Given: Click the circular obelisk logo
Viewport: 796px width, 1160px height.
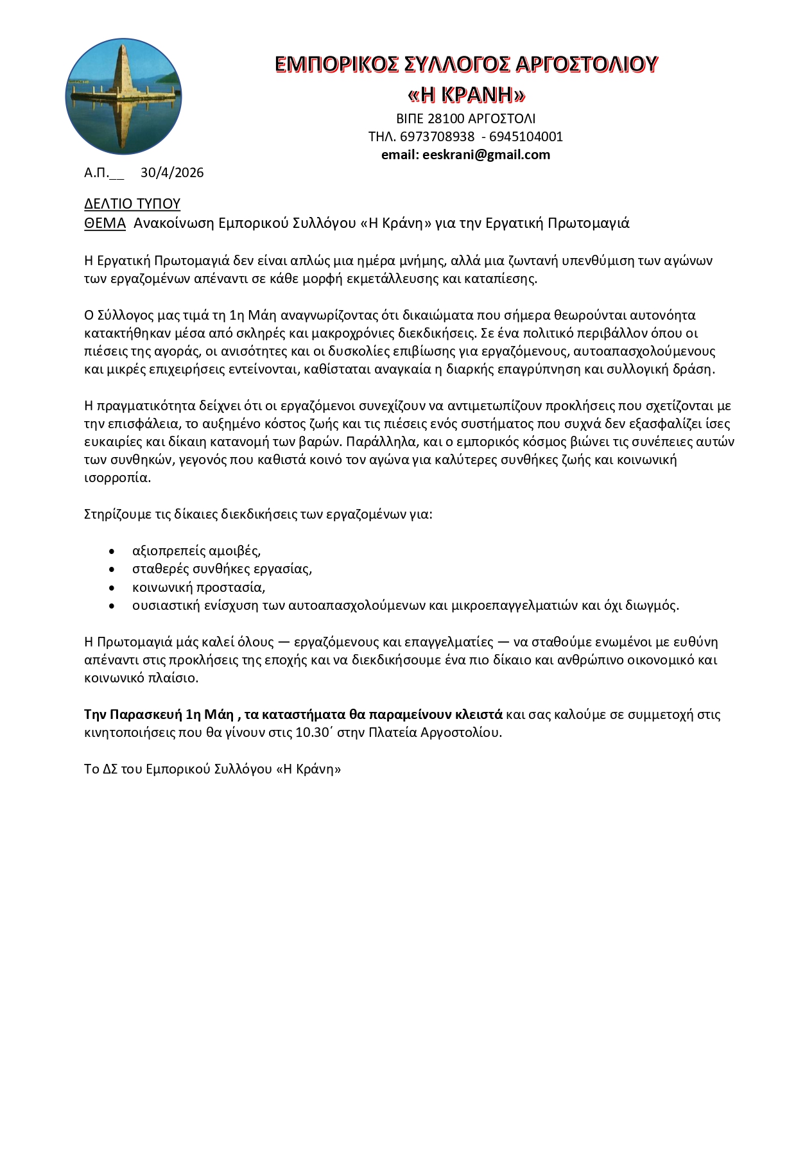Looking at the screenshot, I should coord(123,96).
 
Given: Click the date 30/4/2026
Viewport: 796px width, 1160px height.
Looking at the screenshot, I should coord(172,173).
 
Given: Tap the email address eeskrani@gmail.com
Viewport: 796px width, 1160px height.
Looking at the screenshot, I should coord(486,155).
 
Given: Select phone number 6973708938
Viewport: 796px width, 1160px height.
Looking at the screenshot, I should coord(437,137).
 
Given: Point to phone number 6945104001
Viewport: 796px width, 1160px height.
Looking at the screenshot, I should coord(526,137).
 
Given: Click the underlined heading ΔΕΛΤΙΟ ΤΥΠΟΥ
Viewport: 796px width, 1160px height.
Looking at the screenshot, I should coord(132,204).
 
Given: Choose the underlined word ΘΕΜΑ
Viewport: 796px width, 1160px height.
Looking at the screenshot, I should coord(105,223).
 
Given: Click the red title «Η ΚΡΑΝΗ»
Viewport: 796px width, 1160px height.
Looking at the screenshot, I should coord(467,95).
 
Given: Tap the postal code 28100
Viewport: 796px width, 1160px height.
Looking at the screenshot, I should coord(446,119).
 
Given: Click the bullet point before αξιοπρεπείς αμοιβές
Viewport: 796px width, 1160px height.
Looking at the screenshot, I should coord(112,551).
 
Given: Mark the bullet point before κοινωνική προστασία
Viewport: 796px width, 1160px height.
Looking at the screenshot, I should coord(112,588).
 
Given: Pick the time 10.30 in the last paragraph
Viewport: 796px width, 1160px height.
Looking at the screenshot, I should coord(311,733).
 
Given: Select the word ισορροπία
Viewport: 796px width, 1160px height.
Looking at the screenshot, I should coord(117,478).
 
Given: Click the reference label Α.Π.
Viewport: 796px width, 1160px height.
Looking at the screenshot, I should coord(96,173).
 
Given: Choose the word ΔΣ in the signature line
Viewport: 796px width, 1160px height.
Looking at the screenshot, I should coord(110,769).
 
